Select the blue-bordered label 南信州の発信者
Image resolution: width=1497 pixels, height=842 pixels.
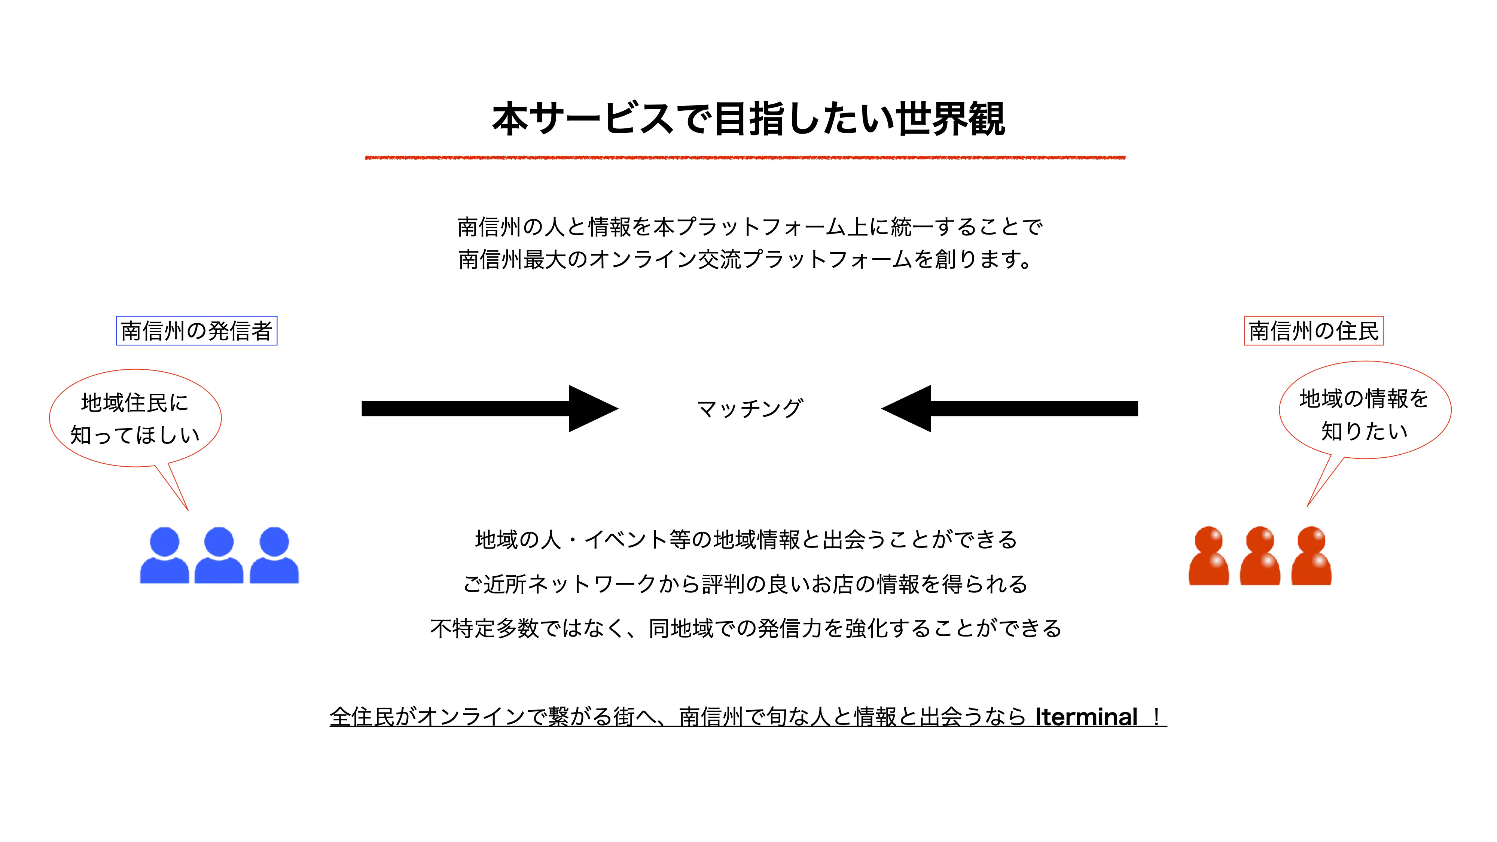tap(196, 331)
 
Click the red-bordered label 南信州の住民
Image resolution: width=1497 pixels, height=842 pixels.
tap(1313, 331)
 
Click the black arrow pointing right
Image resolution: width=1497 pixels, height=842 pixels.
tap(489, 409)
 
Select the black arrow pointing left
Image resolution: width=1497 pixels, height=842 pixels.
tap(1009, 409)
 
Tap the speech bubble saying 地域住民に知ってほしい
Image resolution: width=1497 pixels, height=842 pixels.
tap(135, 418)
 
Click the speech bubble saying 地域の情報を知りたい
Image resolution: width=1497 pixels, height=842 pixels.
tap(1365, 414)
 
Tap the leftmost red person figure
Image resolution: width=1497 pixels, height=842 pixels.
tap(1209, 556)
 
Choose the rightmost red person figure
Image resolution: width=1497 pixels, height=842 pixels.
tap(1312, 556)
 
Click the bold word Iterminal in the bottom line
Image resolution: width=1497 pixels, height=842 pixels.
tap(1086, 717)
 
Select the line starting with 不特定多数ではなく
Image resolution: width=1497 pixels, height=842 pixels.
tap(746, 628)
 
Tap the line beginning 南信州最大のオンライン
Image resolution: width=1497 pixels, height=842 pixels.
tap(745, 259)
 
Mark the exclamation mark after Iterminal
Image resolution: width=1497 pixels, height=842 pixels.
tap(1156, 717)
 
